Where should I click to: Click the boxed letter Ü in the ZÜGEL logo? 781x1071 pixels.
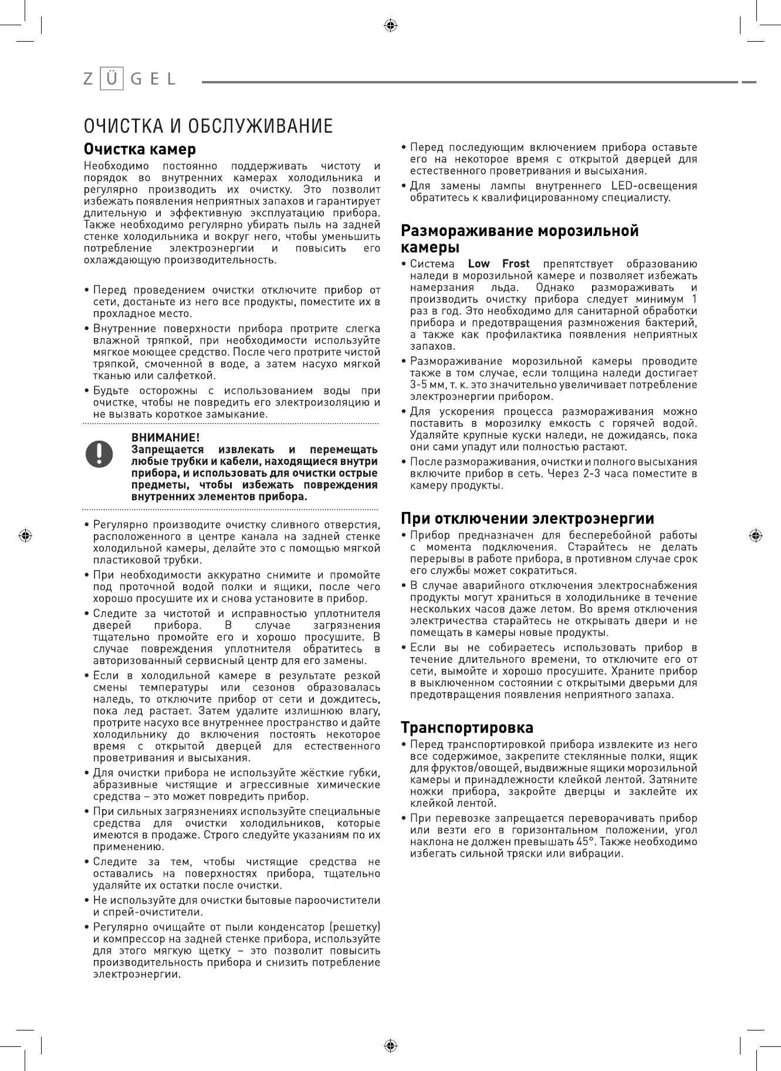click(x=111, y=79)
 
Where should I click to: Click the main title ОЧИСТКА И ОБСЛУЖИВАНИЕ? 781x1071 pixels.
click(x=208, y=126)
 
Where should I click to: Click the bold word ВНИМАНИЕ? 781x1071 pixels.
click(x=165, y=437)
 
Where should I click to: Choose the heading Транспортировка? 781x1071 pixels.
click(x=467, y=728)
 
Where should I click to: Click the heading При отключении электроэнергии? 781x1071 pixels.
click(x=528, y=519)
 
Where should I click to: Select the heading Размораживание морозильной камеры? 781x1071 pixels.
click(x=519, y=238)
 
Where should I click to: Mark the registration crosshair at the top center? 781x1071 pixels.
click(x=390, y=25)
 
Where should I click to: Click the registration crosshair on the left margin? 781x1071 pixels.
click(x=25, y=535)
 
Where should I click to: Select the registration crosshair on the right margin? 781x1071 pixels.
click(x=756, y=535)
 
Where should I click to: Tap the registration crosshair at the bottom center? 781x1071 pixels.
click(x=390, y=1046)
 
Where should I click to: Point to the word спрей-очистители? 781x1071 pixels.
click(x=148, y=912)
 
